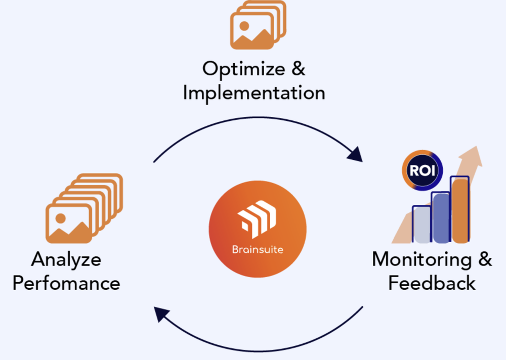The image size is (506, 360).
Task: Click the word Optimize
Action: click(242, 69)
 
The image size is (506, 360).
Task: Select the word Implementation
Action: click(254, 93)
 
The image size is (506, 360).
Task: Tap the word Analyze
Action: click(66, 259)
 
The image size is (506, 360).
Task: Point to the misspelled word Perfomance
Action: click(66, 283)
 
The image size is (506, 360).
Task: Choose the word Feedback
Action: click(432, 283)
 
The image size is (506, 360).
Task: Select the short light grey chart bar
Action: click(422, 223)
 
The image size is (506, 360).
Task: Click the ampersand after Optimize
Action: click(299, 69)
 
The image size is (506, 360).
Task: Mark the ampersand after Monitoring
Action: click(485, 259)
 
